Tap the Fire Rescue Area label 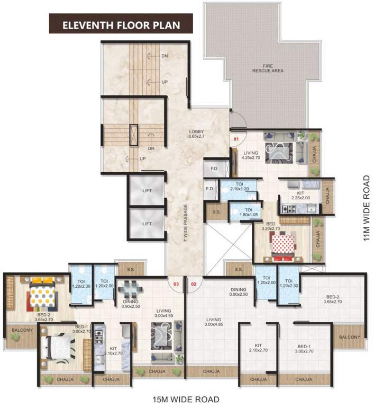click(268, 68)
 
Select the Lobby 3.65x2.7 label click(196, 134)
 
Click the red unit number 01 click(236, 139)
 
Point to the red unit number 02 click(194, 284)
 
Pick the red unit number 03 click(176, 284)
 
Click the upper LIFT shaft click(147, 190)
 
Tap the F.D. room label click(214, 169)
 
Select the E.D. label click(209, 189)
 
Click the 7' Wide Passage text click(186, 223)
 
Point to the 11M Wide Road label click(366, 208)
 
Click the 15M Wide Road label click(186, 399)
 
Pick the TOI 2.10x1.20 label click(239, 187)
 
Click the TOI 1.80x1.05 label click(248, 212)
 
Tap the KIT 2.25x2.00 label click(300, 196)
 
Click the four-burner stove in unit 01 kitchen click(289, 208)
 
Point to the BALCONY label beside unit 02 click(349, 337)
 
